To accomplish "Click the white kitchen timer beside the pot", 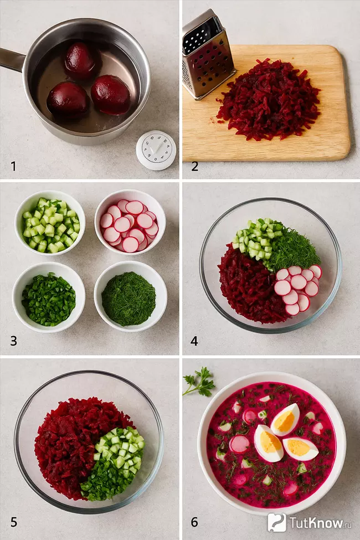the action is point(156,150).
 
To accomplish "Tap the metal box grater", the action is point(207,55).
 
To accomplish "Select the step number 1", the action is point(13,166).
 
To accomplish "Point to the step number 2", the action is point(194,166).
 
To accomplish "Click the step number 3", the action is point(13,341).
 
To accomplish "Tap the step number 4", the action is point(194,341).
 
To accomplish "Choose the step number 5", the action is point(13,522).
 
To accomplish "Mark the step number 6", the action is point(194,522).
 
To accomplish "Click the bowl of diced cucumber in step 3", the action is point(50,223).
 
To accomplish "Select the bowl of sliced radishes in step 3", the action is point(130,222).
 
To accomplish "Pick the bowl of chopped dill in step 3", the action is point(130,296).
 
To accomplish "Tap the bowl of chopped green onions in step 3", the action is point(49,297).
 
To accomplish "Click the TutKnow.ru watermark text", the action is point(316,522).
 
